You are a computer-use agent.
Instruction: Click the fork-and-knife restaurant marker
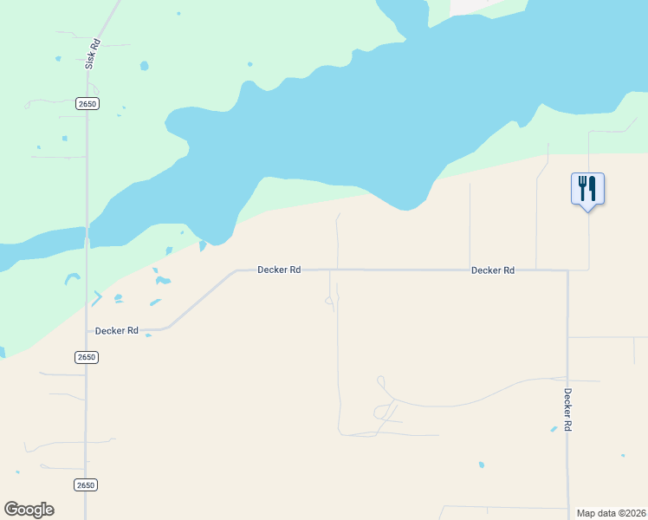click(x=587, y=188)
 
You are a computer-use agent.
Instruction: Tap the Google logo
click(x=29, y=510)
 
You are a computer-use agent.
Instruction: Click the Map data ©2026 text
click(x=612, y=513)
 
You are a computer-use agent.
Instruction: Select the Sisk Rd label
click(x=92, y=55)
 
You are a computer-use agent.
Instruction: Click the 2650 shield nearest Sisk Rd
click(x=87, y=103)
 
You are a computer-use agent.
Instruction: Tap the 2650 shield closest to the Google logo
click(x=85, y=484)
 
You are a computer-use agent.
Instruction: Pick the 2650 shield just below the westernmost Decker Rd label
click(x=86, y=357)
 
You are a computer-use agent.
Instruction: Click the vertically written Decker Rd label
click(x=568, y=410)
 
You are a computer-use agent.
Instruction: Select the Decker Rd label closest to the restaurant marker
click(x=493, y=270)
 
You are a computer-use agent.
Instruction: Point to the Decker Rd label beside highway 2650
click(x=117, y=330)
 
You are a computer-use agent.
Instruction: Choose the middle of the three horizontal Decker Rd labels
click(x=279, y=270)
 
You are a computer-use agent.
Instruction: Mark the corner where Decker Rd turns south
click(x=567, y=270)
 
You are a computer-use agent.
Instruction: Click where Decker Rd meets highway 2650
click(x=87, y=330)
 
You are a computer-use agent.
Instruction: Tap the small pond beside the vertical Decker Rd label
click(x=554, y=429)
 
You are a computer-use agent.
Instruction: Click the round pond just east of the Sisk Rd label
click(x=144, y=66)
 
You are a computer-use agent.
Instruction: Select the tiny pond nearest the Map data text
click(x=622, y=455)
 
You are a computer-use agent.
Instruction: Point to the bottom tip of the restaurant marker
click(x=588, y=211)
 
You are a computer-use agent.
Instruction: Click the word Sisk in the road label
click(x=89, y=60)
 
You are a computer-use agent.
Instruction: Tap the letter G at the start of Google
click(x=12, y=510)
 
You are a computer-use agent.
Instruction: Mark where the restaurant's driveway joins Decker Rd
click(x=589, y=270)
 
